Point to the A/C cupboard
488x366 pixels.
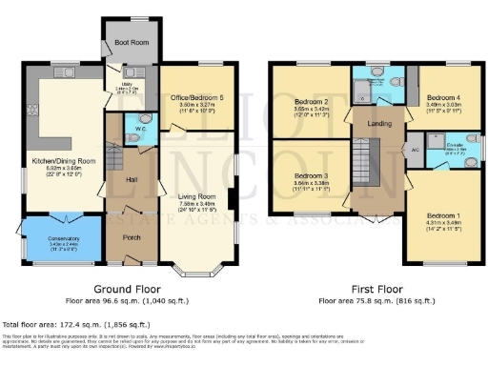pos(416,149)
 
